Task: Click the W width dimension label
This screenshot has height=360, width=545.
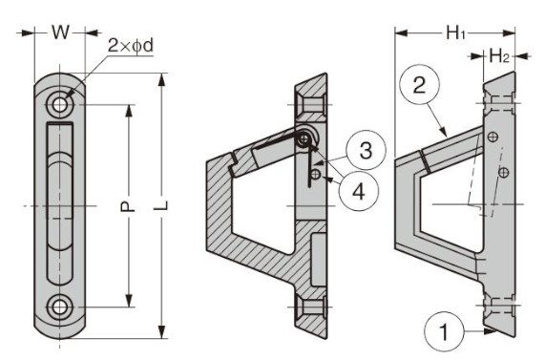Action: (61, 32)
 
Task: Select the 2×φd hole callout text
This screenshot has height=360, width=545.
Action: (131, 45)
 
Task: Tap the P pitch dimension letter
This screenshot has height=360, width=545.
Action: (128, 206)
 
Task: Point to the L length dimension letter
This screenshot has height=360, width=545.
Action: (161, 205)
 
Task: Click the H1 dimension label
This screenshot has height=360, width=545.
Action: (455, 33)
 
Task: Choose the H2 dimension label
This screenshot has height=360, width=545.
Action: (499, 55)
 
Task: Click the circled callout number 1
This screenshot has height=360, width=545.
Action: (444, 331)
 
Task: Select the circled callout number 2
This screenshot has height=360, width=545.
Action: (420, 85)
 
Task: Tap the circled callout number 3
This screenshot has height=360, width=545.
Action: (366, 150)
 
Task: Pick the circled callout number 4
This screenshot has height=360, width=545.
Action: (359, 191)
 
